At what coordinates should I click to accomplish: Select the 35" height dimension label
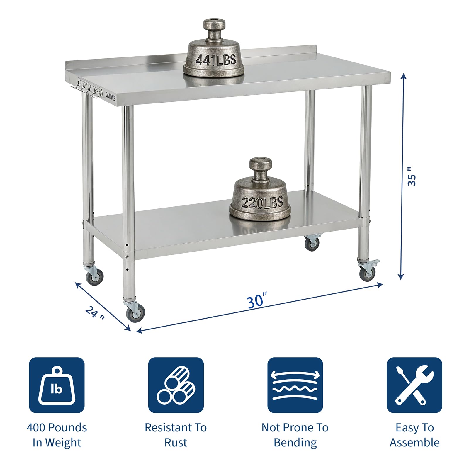pos(412,176)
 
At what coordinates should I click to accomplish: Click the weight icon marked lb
pos(57,385)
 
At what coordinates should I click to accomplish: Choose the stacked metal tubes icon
pos(176,385)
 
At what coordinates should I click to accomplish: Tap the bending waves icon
pos(295,385)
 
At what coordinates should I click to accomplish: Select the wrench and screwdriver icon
pos(414,385)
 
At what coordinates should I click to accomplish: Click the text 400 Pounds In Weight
pos(57,435)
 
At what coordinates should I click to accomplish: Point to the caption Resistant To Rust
pos(176,435)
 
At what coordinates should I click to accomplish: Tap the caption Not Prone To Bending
pos(295,435)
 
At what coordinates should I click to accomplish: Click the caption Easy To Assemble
pos(414,435)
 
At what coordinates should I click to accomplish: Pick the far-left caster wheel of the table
pos(94,276)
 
